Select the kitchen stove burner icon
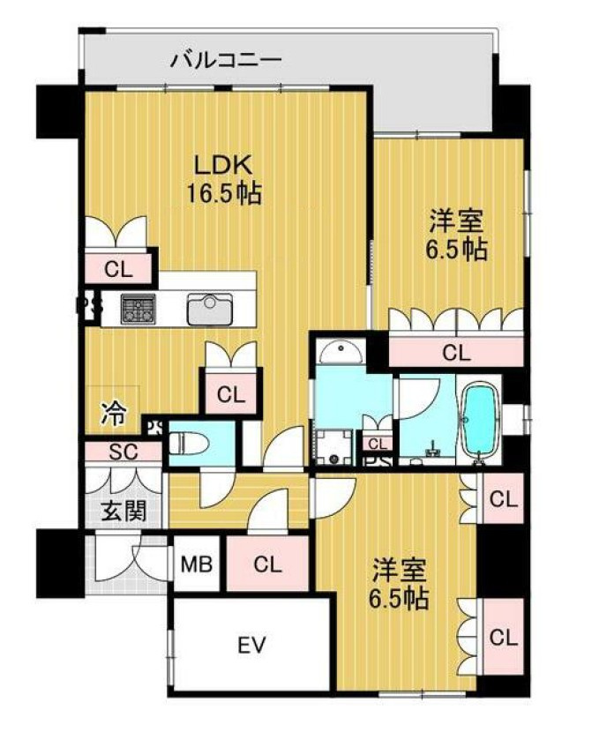point(137,309)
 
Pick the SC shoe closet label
point(123,452)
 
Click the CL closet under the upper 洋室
point(455,354)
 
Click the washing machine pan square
point(334,444)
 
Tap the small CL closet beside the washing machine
point(377,444)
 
